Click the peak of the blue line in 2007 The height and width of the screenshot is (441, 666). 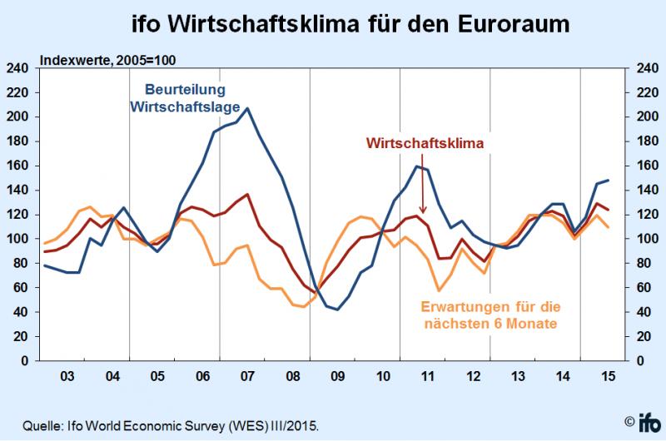248,108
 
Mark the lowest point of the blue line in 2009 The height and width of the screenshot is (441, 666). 337,310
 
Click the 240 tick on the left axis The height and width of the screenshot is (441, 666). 18,68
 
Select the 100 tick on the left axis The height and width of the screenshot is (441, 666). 18,240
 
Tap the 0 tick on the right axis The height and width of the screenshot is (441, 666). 640,361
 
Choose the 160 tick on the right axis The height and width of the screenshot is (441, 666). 647,166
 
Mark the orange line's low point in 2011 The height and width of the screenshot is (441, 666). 439,290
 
